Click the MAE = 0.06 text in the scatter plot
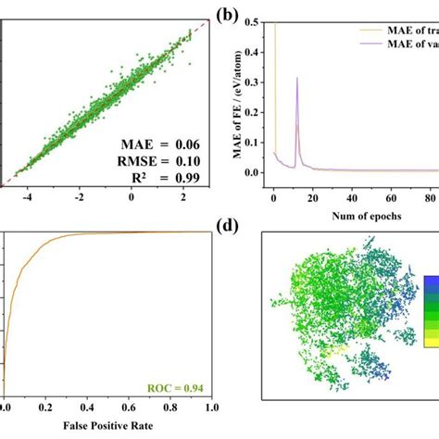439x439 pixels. click(x=155, y=143)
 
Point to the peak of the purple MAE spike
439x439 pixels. click(x=297, y=79)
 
